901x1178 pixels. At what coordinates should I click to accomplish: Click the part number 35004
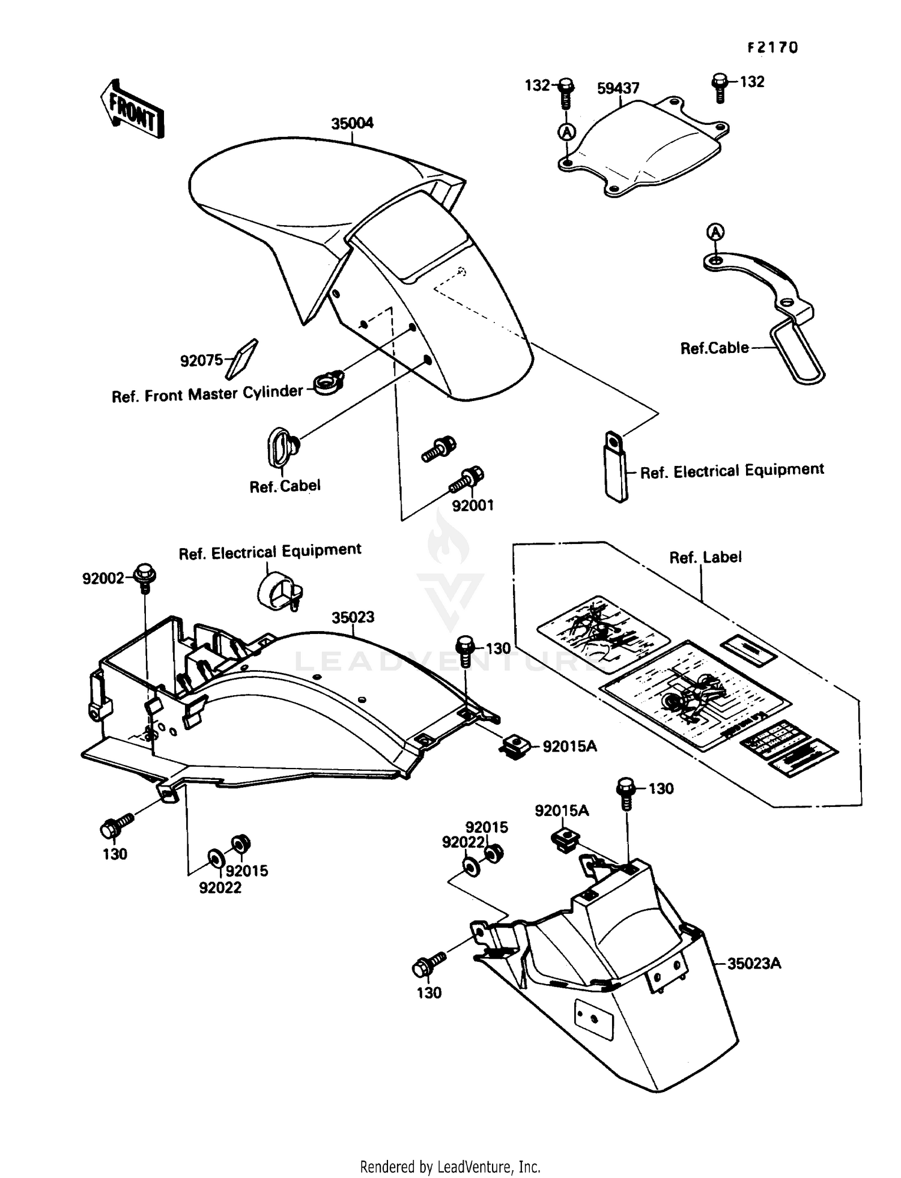point(352,123)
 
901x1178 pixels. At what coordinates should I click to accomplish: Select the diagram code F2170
point(772,48)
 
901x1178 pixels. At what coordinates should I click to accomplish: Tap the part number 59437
point(618,88)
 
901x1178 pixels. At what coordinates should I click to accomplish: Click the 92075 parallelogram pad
point(241,359)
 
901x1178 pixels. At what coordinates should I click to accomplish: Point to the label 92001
point(473,506)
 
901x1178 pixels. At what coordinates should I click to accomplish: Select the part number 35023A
point(754,964)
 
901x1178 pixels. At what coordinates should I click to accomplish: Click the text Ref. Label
point(705,557)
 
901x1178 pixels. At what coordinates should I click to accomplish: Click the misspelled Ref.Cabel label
point(285,486)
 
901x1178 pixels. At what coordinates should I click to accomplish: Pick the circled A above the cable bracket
point(715,232)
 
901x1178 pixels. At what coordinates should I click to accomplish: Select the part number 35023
point(353,617)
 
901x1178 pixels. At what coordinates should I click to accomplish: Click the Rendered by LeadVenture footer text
point(450,1167)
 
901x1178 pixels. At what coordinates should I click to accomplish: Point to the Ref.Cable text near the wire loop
point(714,348)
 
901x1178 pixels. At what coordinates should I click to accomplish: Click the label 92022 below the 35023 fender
point(220,887)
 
